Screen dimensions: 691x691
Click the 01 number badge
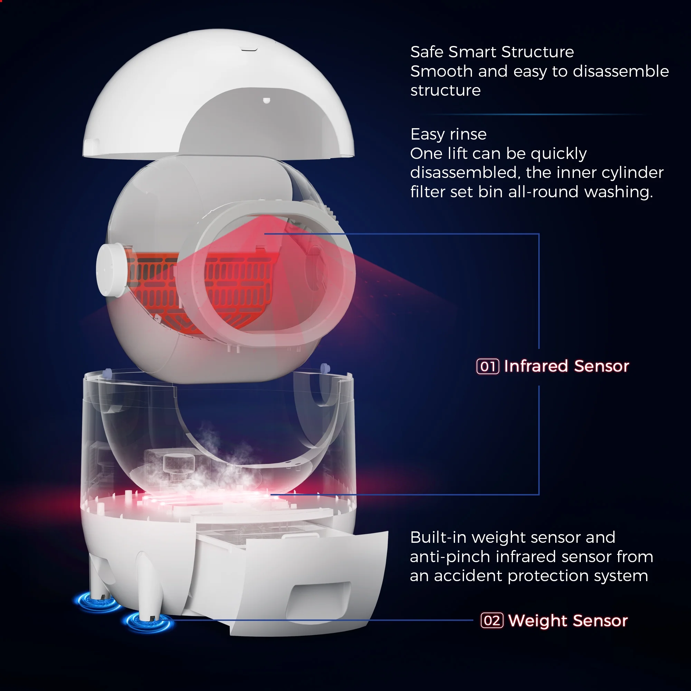488,366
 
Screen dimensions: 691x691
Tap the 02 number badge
492,621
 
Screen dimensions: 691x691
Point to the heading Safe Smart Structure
492,52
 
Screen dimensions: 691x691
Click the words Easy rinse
448,134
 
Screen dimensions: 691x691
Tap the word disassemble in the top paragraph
621,72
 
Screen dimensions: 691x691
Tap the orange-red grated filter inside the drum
236,283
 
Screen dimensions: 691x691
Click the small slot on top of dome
249,49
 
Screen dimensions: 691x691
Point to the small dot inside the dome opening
266,101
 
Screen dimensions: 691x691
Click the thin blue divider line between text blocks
537,114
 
